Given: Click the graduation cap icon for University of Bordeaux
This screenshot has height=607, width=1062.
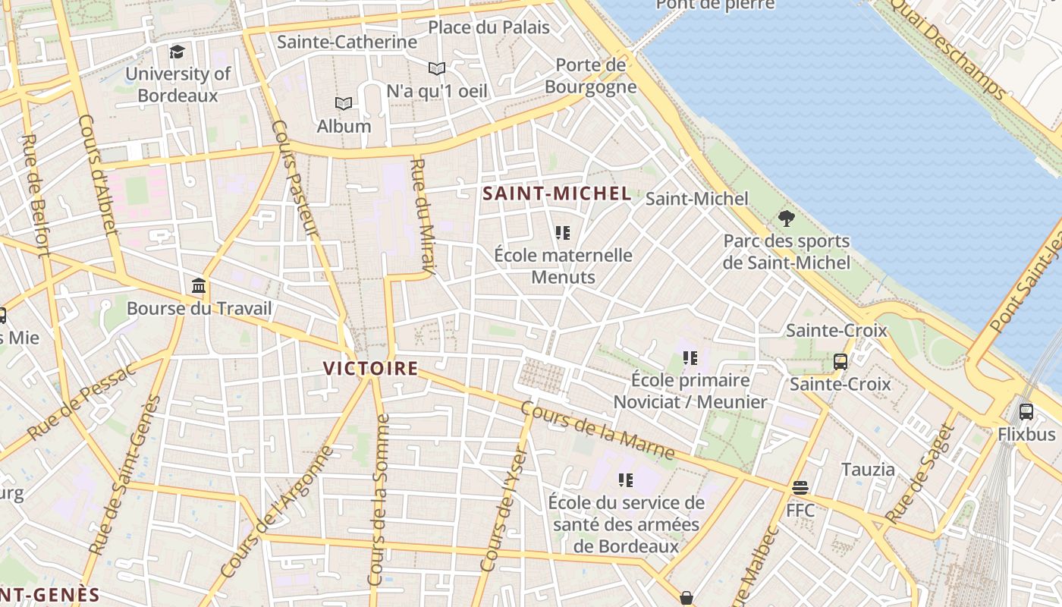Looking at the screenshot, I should coord(177,52).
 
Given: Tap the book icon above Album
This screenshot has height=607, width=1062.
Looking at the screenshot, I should coord(344,103).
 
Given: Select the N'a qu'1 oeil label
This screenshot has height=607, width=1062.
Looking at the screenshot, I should coord(437,91).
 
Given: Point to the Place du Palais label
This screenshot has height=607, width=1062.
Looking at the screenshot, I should coord(489,28).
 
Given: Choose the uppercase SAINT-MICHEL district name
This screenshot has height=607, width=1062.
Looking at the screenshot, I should coord(557,193).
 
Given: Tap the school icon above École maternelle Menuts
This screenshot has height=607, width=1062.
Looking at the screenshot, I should coord(562,232).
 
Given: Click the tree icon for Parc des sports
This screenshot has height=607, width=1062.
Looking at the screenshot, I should coord(787,219).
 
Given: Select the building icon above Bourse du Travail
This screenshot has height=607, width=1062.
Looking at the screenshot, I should coord(199,286).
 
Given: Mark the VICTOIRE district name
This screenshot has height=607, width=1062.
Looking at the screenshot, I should coord(371,369).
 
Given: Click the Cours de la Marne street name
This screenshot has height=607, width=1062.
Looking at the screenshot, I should coord(598,430).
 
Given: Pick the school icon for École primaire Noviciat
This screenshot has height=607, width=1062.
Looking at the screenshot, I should coord(690,357).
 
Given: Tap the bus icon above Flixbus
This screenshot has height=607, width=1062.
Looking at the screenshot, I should coord(1026,411).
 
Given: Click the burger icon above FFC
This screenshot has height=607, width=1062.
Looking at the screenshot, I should coord(800,487).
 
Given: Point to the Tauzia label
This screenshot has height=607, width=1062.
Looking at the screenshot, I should coord(868,470).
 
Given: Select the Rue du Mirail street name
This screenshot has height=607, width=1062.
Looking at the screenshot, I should coord(423,216).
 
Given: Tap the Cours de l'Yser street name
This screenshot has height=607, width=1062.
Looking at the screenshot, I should coord(504,510).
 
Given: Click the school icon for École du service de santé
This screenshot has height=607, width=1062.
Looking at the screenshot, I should coord(625,480).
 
